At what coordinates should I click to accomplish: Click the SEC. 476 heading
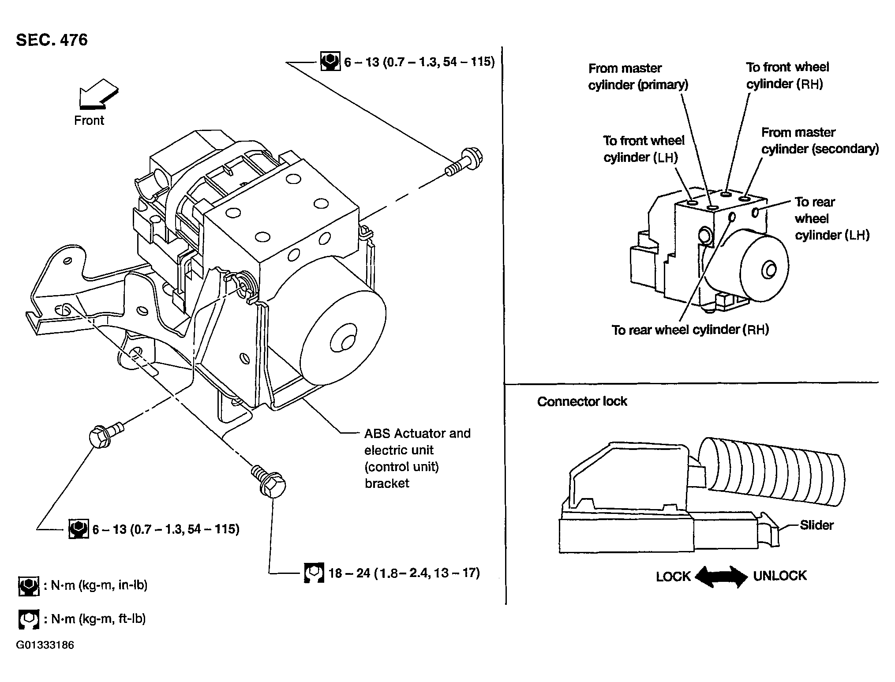click(52, 40)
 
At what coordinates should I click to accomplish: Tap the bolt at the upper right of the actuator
click(464, 163)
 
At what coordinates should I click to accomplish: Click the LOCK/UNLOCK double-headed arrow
click(722, 577)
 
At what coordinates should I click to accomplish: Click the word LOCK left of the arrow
click(673, 577)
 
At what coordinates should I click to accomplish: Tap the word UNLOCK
click(780, 576)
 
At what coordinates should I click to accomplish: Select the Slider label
click(816, 525)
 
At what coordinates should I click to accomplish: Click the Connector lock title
click(582, 401)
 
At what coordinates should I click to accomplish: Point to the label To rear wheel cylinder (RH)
click(690, 330)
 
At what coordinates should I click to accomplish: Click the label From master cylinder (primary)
click(638, 76)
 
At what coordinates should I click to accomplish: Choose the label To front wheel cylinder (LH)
click(644, 149)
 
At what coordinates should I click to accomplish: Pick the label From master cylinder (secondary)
click(820, 141)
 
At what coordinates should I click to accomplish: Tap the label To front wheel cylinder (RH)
click(787, 75)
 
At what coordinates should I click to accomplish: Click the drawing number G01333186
click(45, 645)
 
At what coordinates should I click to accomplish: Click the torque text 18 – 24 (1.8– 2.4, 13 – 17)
click(404, 573)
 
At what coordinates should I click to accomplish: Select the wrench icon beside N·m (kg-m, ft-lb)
click(29, 619)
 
